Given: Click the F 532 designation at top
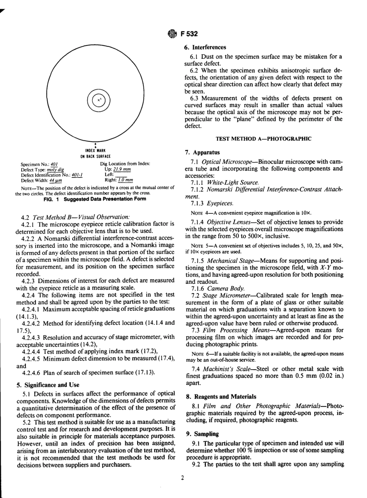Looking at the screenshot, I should click(x=189, y=34).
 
